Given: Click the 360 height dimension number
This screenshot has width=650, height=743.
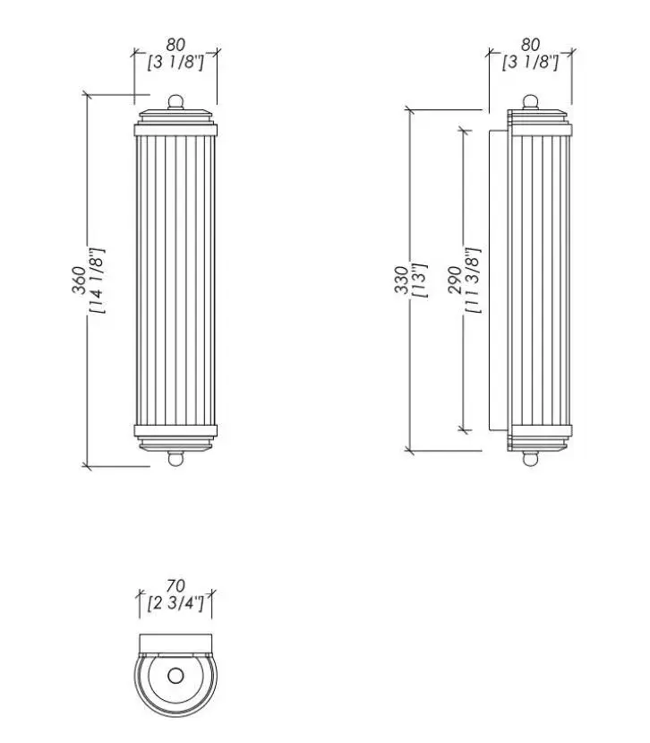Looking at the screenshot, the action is point(79,281).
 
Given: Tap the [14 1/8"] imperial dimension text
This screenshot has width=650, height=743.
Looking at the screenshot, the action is point(97,281).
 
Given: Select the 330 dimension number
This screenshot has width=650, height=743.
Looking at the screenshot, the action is point(401,280).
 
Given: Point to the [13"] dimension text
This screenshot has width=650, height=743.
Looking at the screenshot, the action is point(420,280).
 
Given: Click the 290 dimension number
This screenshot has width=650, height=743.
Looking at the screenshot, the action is point(455,280).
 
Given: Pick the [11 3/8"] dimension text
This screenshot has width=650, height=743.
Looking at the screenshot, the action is point(473,280).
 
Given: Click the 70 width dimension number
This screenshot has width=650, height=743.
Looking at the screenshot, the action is point(175,586).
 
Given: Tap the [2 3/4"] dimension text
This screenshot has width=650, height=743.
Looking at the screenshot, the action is point(175,604).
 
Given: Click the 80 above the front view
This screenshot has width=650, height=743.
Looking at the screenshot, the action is point(175,45).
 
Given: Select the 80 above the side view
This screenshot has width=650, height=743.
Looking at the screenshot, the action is point(530,45).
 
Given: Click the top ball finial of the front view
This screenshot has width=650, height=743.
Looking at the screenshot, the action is point(175,102).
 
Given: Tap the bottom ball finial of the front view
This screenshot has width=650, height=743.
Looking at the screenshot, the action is point(175,459).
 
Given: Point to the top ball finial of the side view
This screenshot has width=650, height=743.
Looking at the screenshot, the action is point(530,102).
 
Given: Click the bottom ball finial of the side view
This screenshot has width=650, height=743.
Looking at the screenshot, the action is point(530,459).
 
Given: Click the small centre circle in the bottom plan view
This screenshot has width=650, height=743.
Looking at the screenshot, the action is point(175,676).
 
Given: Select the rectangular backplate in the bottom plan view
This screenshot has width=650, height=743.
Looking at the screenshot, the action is point(175,644).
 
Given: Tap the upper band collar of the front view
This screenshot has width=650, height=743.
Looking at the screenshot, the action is point(175,130).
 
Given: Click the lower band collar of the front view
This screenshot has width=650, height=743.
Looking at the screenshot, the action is point(175,431).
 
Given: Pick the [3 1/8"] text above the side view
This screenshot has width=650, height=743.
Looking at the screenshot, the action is point(530,62).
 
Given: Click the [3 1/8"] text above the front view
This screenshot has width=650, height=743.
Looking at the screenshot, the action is point(175,62).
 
